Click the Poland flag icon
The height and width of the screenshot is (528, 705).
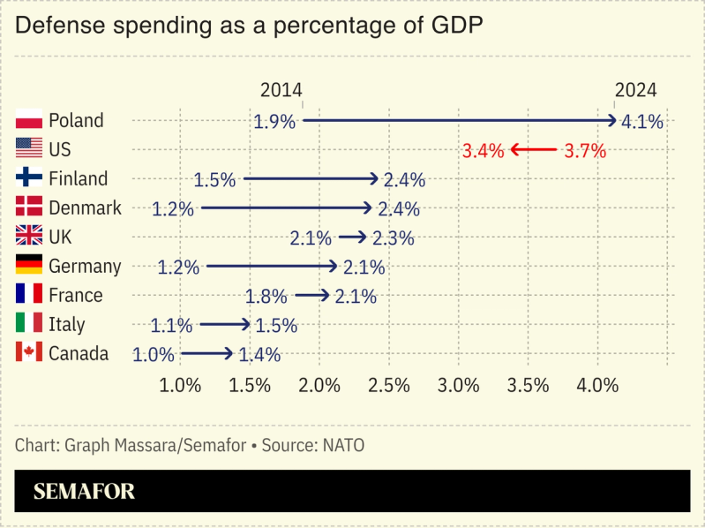pyautogui.click(x=29, y=120)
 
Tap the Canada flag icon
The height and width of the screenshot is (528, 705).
pyautogui.click(x=29, y=353)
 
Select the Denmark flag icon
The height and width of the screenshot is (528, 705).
pyautogui.click(x=29, y=207)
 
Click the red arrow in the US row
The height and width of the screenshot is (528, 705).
pyautogui.click(x=533, y=150)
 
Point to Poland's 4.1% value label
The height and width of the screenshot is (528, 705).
pyautogui.click(x=642, y=122)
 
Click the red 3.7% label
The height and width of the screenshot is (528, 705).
pyautogui.click(x=585, y=151)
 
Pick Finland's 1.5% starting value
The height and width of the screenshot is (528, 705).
pyautogui.click(x=214, y=180)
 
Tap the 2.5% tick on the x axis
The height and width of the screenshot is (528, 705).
pyautogui.click(x=389, y=385)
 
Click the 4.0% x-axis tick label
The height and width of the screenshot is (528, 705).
pyautogui.click(x=597, y=385)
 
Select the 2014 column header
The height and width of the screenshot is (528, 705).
pyautogui.click(x=281, y=90)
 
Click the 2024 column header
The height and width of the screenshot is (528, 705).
pyautogui.click(x=635, y=90)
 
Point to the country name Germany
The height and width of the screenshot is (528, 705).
pyautogui.click(x=85, y=266)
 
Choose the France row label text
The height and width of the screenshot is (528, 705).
pyautogui.click(x=76, y=295)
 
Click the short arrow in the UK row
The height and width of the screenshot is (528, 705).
pyautogui.click(x=351, y=238)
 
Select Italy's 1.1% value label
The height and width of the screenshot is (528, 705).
pyautogui.click(x=171, y=326)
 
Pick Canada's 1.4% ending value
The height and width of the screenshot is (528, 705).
pyautogui.click(x=259, y=355)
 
